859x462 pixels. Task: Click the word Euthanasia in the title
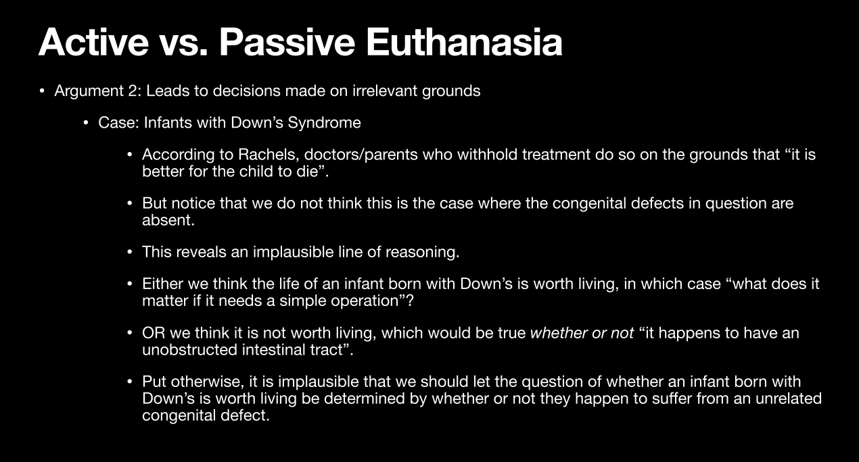coord(465,42)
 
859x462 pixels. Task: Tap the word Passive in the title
coord(287,42)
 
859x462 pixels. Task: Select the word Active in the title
coord(93,42)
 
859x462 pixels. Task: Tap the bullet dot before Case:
coord(86,123)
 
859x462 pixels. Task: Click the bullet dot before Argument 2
coord(42,91)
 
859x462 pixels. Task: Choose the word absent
coord(168,220)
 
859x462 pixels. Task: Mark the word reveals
coord(201,252)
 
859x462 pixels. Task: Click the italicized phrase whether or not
coord(582,333)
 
